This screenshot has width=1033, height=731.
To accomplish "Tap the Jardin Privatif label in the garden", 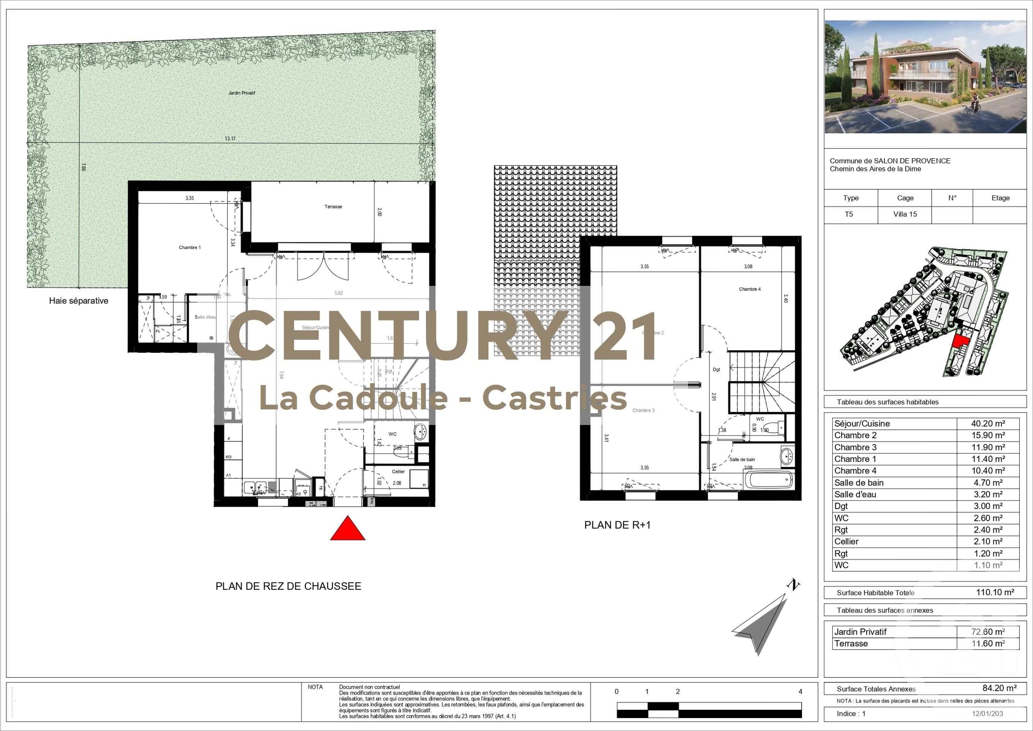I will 242,93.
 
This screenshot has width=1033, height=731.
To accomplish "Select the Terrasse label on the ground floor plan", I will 333,207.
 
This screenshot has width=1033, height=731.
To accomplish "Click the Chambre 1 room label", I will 190,247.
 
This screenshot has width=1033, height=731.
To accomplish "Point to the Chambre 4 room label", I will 750,289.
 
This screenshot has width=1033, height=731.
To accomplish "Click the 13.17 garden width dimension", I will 230,139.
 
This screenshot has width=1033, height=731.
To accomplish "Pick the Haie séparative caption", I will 79,301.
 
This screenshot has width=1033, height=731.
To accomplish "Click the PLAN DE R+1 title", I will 617,525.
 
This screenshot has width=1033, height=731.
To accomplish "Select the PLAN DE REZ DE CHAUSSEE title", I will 288,586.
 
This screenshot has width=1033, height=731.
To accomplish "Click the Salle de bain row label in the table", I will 859,482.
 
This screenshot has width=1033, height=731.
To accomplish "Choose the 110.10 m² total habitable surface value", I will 995,592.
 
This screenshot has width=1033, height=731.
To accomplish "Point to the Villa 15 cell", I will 905,214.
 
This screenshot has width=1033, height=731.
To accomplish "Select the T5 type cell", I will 848,214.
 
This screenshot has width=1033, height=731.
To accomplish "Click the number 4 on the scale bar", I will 800,691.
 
